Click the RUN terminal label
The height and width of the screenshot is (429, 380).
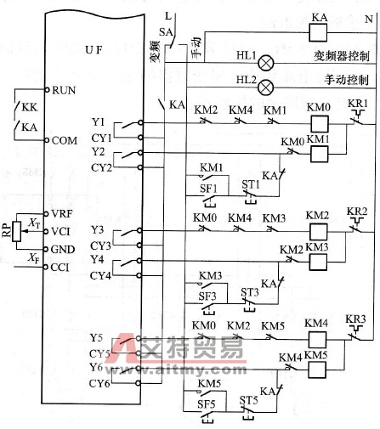click(x=65, y=89)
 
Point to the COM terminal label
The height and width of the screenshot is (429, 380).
click(x=65, y=140)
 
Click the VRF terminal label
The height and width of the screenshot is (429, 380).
click(x=64, y=212)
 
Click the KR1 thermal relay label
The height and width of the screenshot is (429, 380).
click(x=358, y=104)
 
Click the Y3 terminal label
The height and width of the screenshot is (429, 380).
click(x=120, y=230)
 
